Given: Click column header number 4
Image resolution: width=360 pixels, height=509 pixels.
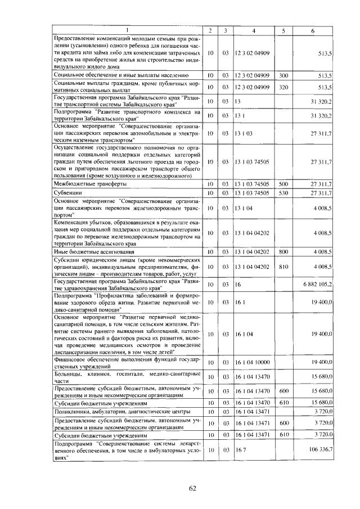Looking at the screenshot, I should (254, 30).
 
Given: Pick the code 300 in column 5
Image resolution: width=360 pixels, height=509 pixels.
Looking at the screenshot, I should (283, 75).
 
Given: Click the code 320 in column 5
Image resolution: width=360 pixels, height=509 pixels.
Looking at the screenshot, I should (283, 87).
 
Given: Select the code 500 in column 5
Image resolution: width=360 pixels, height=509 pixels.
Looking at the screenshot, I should (283, 183).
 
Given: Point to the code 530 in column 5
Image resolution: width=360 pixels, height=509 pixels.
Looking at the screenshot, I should (283, 193).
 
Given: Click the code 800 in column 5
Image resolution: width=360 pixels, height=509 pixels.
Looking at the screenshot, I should (283, 252).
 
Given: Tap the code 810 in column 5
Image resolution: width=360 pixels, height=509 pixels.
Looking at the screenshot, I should (283, 267).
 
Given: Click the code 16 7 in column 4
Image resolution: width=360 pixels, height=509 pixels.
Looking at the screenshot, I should (241, 450).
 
